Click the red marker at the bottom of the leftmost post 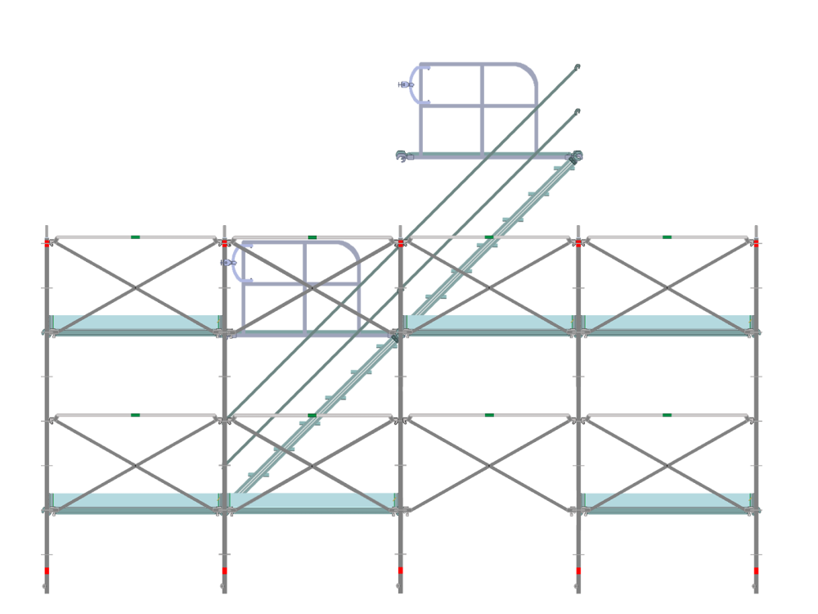(47, 571)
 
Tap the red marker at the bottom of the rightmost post (757, 571)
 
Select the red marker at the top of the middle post (401, 243)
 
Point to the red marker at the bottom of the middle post (401, 571)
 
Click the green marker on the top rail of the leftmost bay (135, 237)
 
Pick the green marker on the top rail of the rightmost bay (667, 237)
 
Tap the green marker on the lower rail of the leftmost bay (135, 416)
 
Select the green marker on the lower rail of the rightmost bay (667, 416)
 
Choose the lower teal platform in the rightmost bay (667, 499)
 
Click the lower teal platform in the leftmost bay (135, 499)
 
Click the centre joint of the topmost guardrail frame (482, 105)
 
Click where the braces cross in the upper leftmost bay (135, 287)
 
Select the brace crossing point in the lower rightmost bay (667, 465)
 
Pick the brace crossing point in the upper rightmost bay (667, 287)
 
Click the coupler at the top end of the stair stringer (575, 156)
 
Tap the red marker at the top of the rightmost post (757, 243)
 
